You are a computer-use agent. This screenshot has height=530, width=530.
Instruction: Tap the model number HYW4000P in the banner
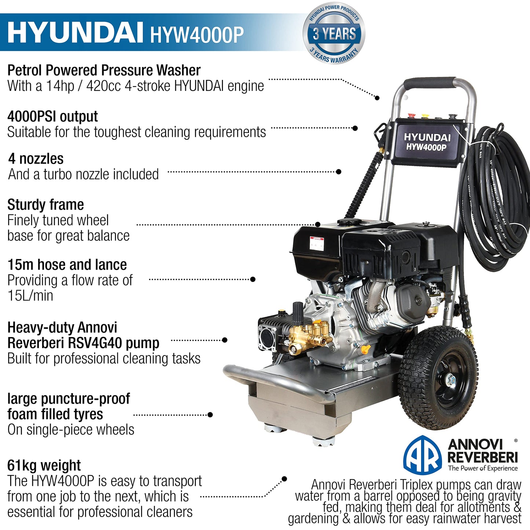(197, 34)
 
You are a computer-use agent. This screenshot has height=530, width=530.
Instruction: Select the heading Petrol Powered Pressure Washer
(104, 70)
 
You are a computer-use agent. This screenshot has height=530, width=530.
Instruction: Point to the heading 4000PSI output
(52, 116)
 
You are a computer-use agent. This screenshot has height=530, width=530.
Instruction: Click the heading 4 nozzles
(36, 159)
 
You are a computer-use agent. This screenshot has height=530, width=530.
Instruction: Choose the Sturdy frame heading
(45, 205)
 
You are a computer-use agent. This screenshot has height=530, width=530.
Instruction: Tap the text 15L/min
(30, 296)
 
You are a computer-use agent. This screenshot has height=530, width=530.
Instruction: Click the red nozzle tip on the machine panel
(411, 116)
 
